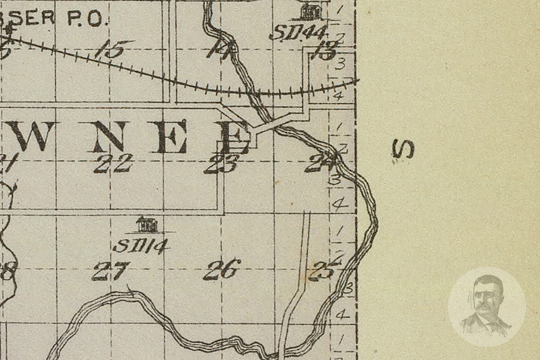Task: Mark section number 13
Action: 324,52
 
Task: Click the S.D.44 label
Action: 298,33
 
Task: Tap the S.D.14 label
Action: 141,246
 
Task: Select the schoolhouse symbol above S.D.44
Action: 311,12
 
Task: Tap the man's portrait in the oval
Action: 487,305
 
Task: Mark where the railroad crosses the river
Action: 255,93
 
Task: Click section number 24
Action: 320,165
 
